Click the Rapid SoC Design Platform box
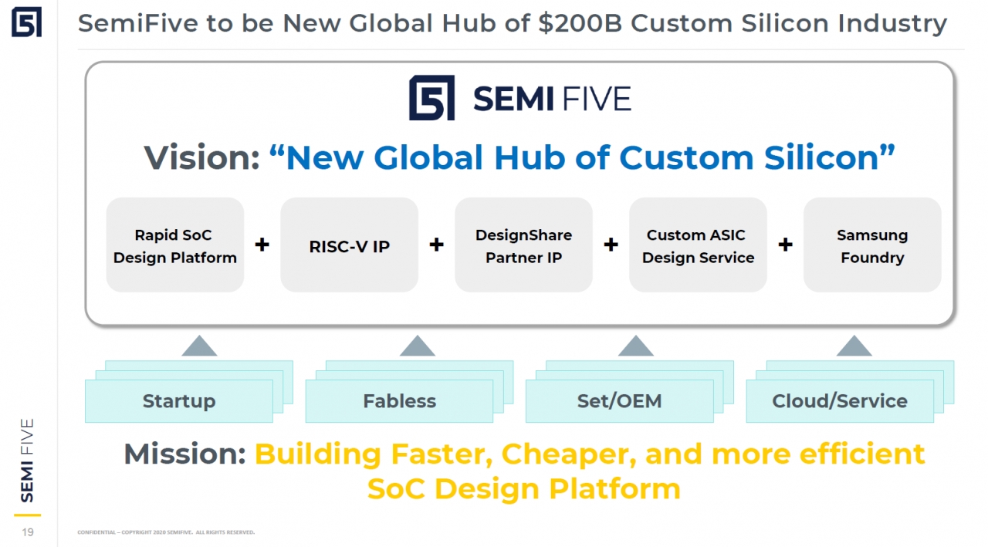pyautogui.click(x=175, y=245)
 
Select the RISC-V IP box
pyautogui.click(x=350, y=245)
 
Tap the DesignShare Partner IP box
pyautogui.click(x=523, y=245)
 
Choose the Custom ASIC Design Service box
pyautogui.click(x=698, y=245)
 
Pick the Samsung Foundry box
pyautogui.click(x=872, y=245)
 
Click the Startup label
pyautogui.click(x=179, y=401)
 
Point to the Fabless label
pyautogui.click(x=399, y=401)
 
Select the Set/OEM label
pyautogui.click(x=619, y=401)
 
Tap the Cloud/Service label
pyautogui.click(x=840, y=401)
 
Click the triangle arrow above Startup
pyautogui.click(x=199, y=346)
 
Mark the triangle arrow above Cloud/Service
pyautogui.click(x=854, y=346)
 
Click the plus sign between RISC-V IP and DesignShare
pyautogui.click(x=436, y=245)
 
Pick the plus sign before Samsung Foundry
pyautogui.click(x=785, y=245)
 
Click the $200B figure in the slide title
pyautogui.click(x=580, y=23)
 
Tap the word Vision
pyautogui.click(x=202, y=157)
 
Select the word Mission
pyautogui.click(x=184, y=454)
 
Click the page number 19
pyautogui.click(x=28, y=532)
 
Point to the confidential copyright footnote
pyautogui.click(x=166, y=532)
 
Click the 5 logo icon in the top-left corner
pyautogui.click(x=26, y=22)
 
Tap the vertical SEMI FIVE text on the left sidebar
pyautogui.click(x=27, y=460)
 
